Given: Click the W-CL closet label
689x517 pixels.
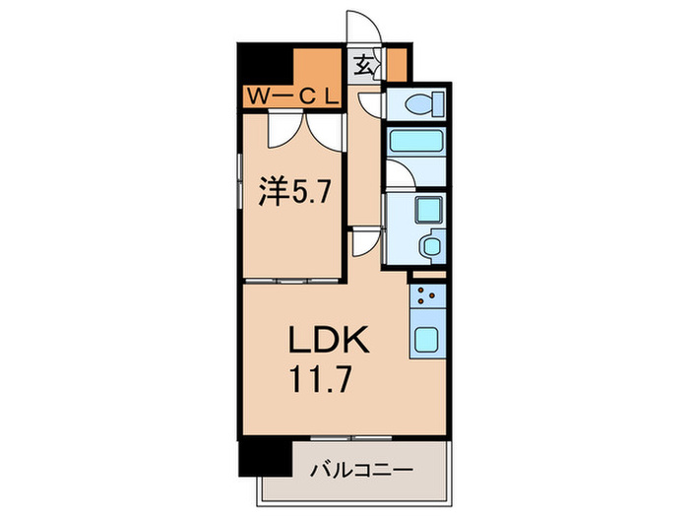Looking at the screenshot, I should (292, 97).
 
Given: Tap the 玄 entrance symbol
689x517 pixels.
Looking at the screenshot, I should (363, 68).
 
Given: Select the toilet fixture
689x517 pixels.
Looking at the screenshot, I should (417, 101).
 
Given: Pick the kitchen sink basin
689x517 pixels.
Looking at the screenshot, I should (427, 339).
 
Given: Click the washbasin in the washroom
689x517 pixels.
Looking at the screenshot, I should (430, 244).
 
